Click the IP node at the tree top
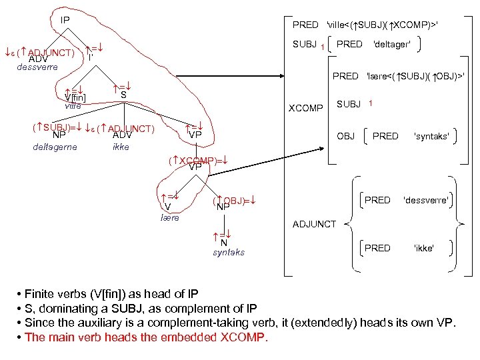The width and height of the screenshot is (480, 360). tap(65, 20)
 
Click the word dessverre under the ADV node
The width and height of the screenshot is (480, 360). tap(38, 67)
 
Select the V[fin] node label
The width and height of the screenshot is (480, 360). tap(75, 99)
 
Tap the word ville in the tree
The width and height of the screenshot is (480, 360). tap(73, 107)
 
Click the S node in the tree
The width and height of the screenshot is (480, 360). tap(124, 95)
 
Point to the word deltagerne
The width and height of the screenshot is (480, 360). tap(55, 147)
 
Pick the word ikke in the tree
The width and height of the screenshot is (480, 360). tap(121, 147)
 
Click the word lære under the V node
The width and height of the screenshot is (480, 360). tap(170, 217)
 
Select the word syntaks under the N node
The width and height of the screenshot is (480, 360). tap(229, 252)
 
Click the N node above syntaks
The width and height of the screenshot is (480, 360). tap(224, 242)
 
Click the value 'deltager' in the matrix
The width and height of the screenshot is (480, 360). tap(391, 44)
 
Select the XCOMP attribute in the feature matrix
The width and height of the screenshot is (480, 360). tap(305, 107)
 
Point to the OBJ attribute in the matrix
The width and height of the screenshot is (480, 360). tap(345, 136)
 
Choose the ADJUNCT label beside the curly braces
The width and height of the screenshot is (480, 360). tap(315, 224)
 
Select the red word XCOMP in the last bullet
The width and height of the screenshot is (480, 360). tap(242, 337)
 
